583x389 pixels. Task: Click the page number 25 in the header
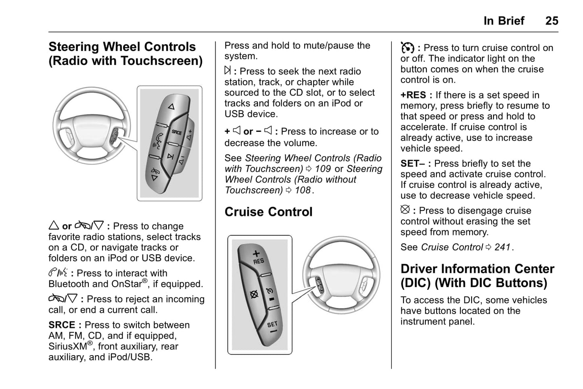point(552,21)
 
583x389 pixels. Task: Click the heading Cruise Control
point(268,212)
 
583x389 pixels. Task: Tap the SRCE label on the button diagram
point(177,132)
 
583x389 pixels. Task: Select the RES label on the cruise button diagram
point(258,261)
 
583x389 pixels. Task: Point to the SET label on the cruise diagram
point(272,324)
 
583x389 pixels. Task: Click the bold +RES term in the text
point(413,95)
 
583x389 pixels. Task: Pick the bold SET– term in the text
point(413,164)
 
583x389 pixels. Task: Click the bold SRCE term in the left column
point(62,325)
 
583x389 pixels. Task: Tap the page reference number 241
point(502,247)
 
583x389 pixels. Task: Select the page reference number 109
point(323,169)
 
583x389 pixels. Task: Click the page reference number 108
point(303,190)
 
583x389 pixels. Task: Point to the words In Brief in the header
point(504,21)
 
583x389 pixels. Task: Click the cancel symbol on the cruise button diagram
point(254,294)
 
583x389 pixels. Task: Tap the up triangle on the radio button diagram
point(171,107)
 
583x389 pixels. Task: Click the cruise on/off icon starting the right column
point(407,48)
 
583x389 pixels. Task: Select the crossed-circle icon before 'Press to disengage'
point(405,210)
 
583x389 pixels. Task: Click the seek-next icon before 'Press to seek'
point(228,71)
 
